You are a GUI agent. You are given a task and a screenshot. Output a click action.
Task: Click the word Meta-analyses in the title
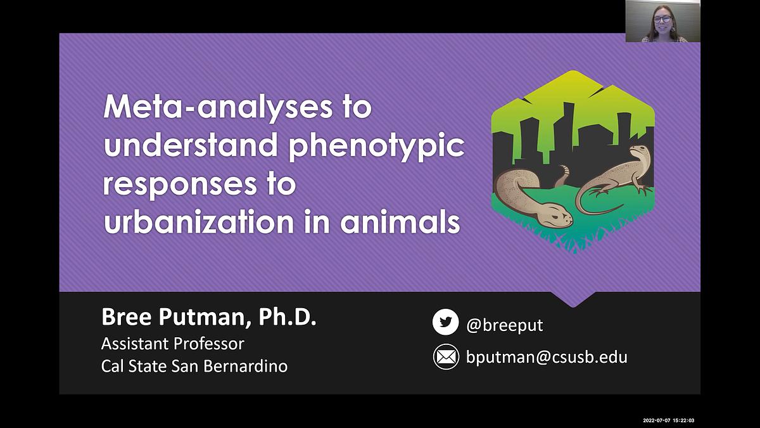(x=218, y=107)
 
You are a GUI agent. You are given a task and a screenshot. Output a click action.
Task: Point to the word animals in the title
(x=400, y=222)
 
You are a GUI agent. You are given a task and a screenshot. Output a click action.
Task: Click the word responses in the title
(x=179, y=185)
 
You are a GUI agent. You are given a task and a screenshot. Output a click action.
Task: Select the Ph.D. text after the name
(x=287, y=316)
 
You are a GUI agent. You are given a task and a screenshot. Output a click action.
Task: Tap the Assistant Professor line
(x=173, y=344)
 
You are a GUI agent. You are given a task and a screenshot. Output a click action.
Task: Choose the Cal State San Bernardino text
(x=194, y=366)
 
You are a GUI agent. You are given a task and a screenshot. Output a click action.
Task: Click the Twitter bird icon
(x=445, y=322)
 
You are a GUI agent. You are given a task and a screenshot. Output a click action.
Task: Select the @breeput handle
(x=505, y=325)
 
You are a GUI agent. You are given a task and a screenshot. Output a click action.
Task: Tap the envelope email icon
(x=446, y=356)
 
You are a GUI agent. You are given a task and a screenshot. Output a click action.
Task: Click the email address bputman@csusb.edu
(x=547, y=357)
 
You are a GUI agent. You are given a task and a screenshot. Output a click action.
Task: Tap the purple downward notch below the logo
(x=573, y=299)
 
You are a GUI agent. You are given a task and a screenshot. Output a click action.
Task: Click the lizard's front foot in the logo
(x=597, y=192)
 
